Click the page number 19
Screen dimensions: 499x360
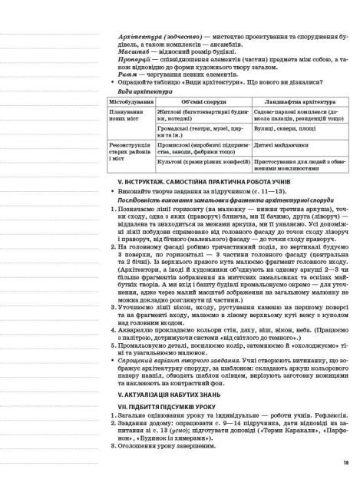(346, 462)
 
